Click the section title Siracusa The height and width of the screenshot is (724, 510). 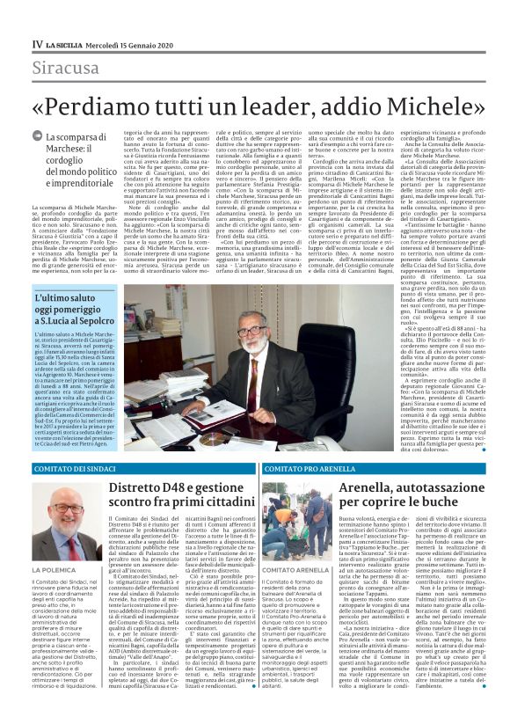pyautogui.click(x=66, y=68)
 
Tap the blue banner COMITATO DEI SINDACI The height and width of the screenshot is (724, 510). pyautogui.click(x=70, y=469)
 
